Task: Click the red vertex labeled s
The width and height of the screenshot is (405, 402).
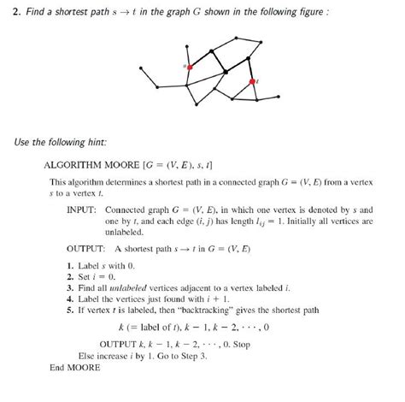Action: click(190, 66)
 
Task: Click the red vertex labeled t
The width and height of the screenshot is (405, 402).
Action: click(252, 81)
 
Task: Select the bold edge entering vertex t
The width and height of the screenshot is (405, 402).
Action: click(250, 69)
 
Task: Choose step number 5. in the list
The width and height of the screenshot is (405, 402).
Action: click(69, 311)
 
